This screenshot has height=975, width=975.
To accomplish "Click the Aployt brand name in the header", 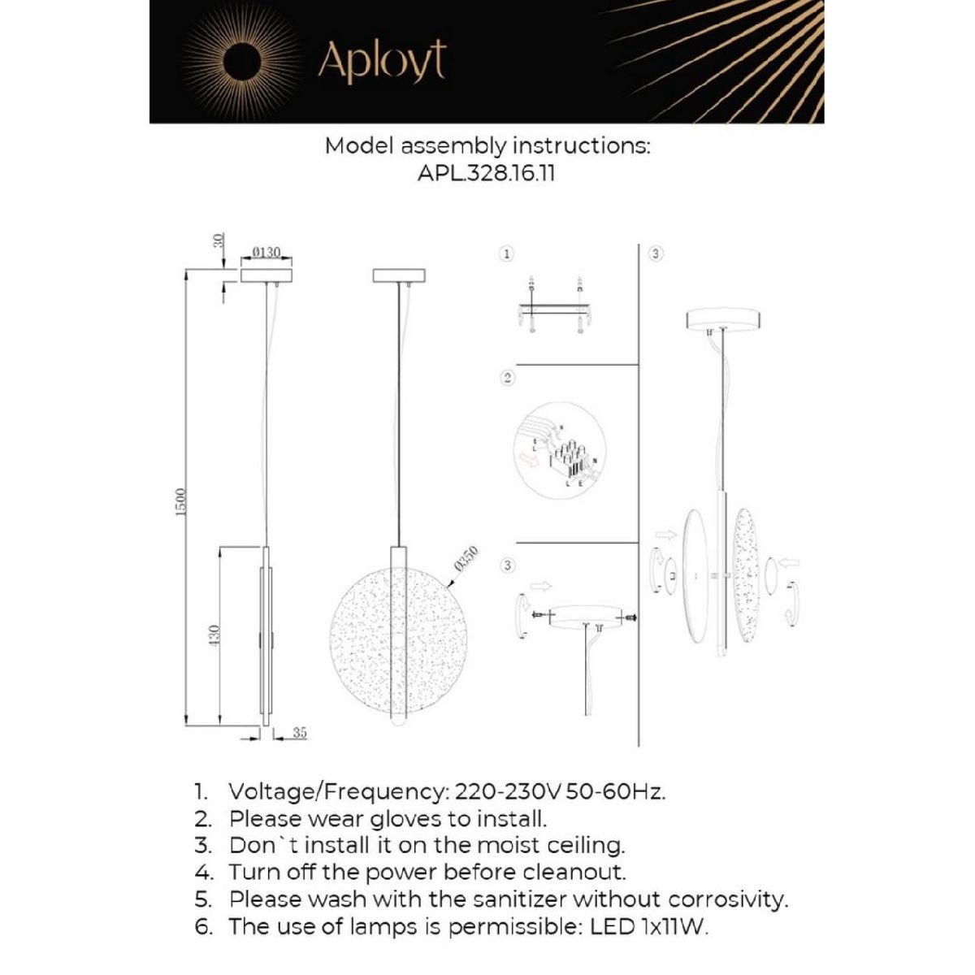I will point(382,61).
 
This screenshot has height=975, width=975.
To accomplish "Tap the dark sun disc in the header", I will point(243,62).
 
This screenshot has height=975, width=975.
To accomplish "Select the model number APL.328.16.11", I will point(487,172).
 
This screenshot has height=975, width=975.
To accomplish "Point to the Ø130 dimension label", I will point(266,253).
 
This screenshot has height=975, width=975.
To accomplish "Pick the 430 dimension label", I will point(215,636).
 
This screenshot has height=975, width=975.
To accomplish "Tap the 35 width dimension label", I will point(299,733).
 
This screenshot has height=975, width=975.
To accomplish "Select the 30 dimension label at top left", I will point(217,241).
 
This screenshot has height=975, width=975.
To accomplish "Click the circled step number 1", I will point(506,254).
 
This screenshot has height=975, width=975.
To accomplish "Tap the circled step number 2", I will point(506,378).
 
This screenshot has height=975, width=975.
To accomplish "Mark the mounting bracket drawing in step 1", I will point(554,309).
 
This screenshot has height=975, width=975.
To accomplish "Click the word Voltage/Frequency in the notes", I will point(336,791).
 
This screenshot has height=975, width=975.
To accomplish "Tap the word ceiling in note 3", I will point(586,845).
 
